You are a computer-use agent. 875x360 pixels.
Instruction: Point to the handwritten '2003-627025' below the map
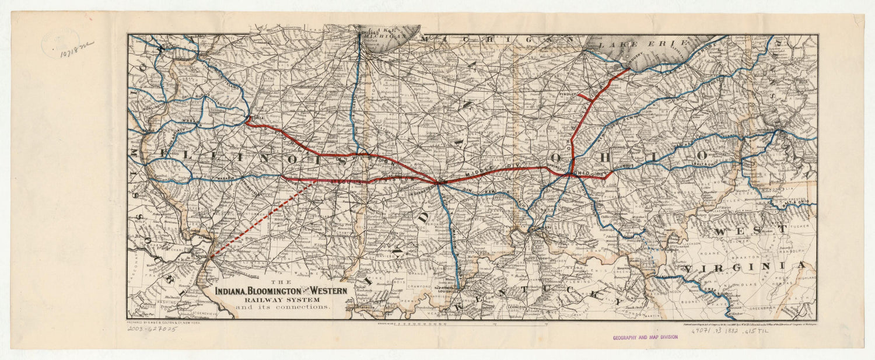coord(152,329)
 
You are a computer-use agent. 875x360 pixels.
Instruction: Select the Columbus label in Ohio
coord(625,167)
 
